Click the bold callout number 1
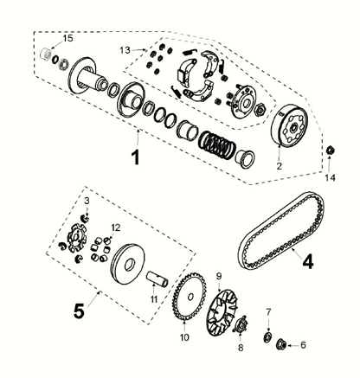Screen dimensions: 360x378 pos(135,157)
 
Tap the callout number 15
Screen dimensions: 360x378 pos(68,38)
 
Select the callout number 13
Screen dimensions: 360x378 pos(125,50)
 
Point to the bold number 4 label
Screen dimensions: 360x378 pos(307,262)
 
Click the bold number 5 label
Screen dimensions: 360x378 pos(79,311)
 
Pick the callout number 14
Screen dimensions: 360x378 pos(331,178)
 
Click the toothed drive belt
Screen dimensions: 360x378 pos(281,231)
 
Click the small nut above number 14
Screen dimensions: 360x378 pos(330,151)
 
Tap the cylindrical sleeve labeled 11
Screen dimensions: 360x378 pos(157,279)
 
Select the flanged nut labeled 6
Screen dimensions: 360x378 pos(281,344)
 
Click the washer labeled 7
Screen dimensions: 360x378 pos(268,337)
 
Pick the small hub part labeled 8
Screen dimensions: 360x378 pos(241,324)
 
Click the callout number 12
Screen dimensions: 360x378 pos(115,227)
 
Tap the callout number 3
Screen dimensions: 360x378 pos(87,201)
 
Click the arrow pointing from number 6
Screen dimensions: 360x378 pos(293,344)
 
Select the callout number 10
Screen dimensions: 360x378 pos(184,337)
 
